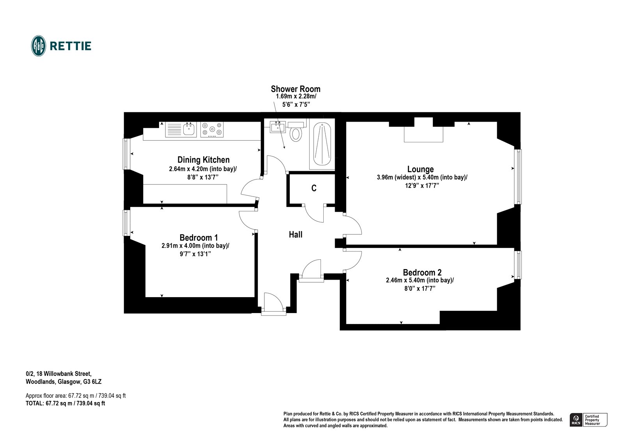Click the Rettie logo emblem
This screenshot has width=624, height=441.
click(38, 46)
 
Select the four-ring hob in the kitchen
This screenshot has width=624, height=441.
click(212, 129)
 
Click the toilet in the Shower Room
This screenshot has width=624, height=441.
click(296, 132)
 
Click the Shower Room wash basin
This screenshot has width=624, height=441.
click(278, 127)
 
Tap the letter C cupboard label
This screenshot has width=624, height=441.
click(314, 188)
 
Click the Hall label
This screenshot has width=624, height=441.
click(296, 234)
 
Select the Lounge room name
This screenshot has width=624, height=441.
click(420, 169)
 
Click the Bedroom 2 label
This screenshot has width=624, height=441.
click(422, 272)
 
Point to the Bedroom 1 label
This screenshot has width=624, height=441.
click(199, 237)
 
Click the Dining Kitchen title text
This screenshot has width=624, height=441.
click(203, 159)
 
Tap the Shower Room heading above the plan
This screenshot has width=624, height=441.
click(296, 89)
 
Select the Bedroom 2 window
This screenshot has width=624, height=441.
click(518, 265)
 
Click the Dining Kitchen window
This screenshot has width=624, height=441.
click(126, 154)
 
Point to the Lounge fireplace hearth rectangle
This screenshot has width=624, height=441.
click(424, 135)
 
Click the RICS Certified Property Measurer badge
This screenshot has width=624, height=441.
click(588, 420)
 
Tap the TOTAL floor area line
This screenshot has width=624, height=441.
click(65, 404)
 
